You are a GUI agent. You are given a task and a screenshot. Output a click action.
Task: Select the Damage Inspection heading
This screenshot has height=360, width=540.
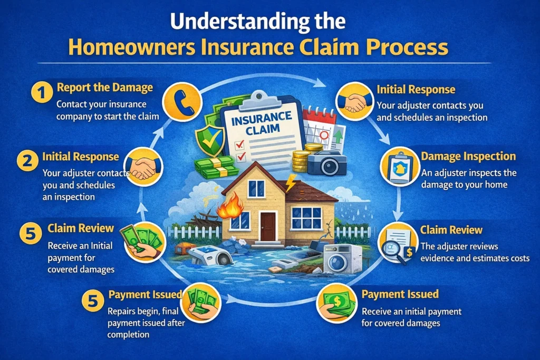point(468,157)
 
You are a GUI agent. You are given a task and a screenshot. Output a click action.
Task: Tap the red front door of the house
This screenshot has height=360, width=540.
point(268,227)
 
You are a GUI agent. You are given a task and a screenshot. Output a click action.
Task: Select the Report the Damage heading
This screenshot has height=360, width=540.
point(104,87)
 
